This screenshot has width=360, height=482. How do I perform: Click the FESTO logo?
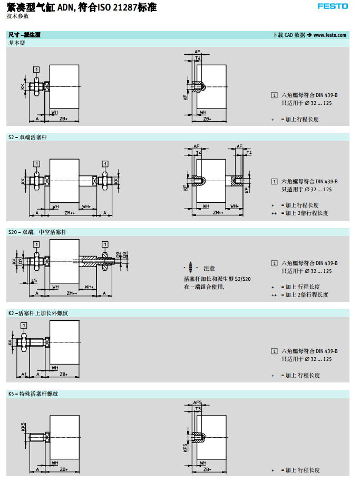click(333, 6)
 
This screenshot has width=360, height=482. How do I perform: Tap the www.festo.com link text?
click(330, 35)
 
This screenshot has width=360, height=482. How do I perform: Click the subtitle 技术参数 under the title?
click(18, 16)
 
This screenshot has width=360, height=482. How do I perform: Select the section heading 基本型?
click(16, 43)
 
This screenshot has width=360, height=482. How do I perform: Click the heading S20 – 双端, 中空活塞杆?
click(37, 232)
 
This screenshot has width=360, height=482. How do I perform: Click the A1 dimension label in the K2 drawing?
click(24, 374)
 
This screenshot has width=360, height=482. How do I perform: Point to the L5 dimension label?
click(34, 281)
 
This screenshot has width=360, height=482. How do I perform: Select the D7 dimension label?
click(21, 261)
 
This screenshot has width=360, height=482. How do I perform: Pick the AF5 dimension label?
click(197, 402)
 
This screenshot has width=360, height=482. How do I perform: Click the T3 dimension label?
click(198, 409)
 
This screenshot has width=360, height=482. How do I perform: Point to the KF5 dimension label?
click(186, 447)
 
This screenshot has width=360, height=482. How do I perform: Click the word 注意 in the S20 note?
click(209, 269)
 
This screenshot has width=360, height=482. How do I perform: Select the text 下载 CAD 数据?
click(289, 35)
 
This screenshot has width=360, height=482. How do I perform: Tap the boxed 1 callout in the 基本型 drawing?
click(36, 69)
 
